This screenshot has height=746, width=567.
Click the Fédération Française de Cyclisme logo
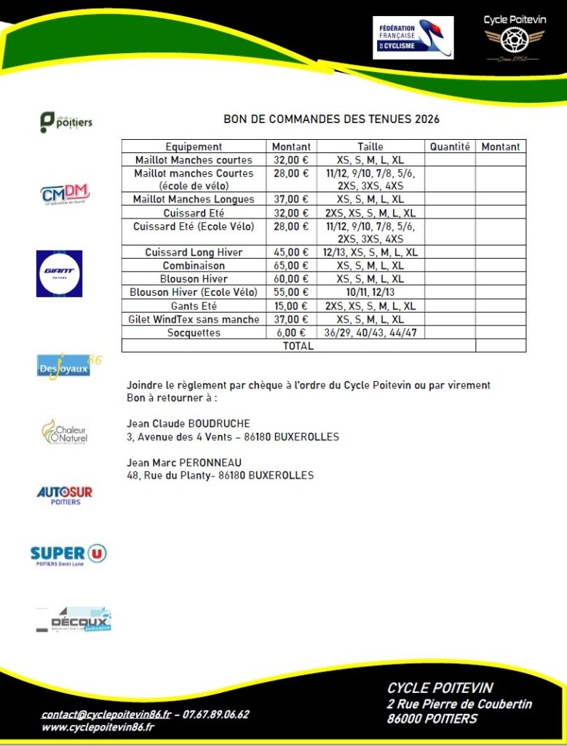tap(413, 38)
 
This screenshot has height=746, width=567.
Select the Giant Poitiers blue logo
tap(59, 273)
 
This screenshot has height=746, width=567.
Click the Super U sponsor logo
tap(68, 555)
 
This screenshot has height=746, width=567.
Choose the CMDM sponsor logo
tap(65, 195)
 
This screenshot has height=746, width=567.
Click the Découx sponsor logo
tap(74, 620)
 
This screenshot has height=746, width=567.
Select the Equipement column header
tap(194, 146)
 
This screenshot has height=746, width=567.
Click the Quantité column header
tap(450, 146)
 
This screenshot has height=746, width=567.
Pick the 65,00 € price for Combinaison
tap(290, 266)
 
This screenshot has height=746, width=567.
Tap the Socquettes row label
tap(193, 333)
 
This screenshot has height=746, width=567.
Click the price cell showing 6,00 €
tap(290, 333)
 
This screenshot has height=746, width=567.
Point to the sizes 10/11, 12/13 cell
tap(370, 293)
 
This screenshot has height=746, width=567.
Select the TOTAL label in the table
tap(298, 346)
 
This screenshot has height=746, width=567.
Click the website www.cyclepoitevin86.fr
tap(98, 727)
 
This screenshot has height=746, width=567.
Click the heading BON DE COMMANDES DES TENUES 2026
tap(331, 119)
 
